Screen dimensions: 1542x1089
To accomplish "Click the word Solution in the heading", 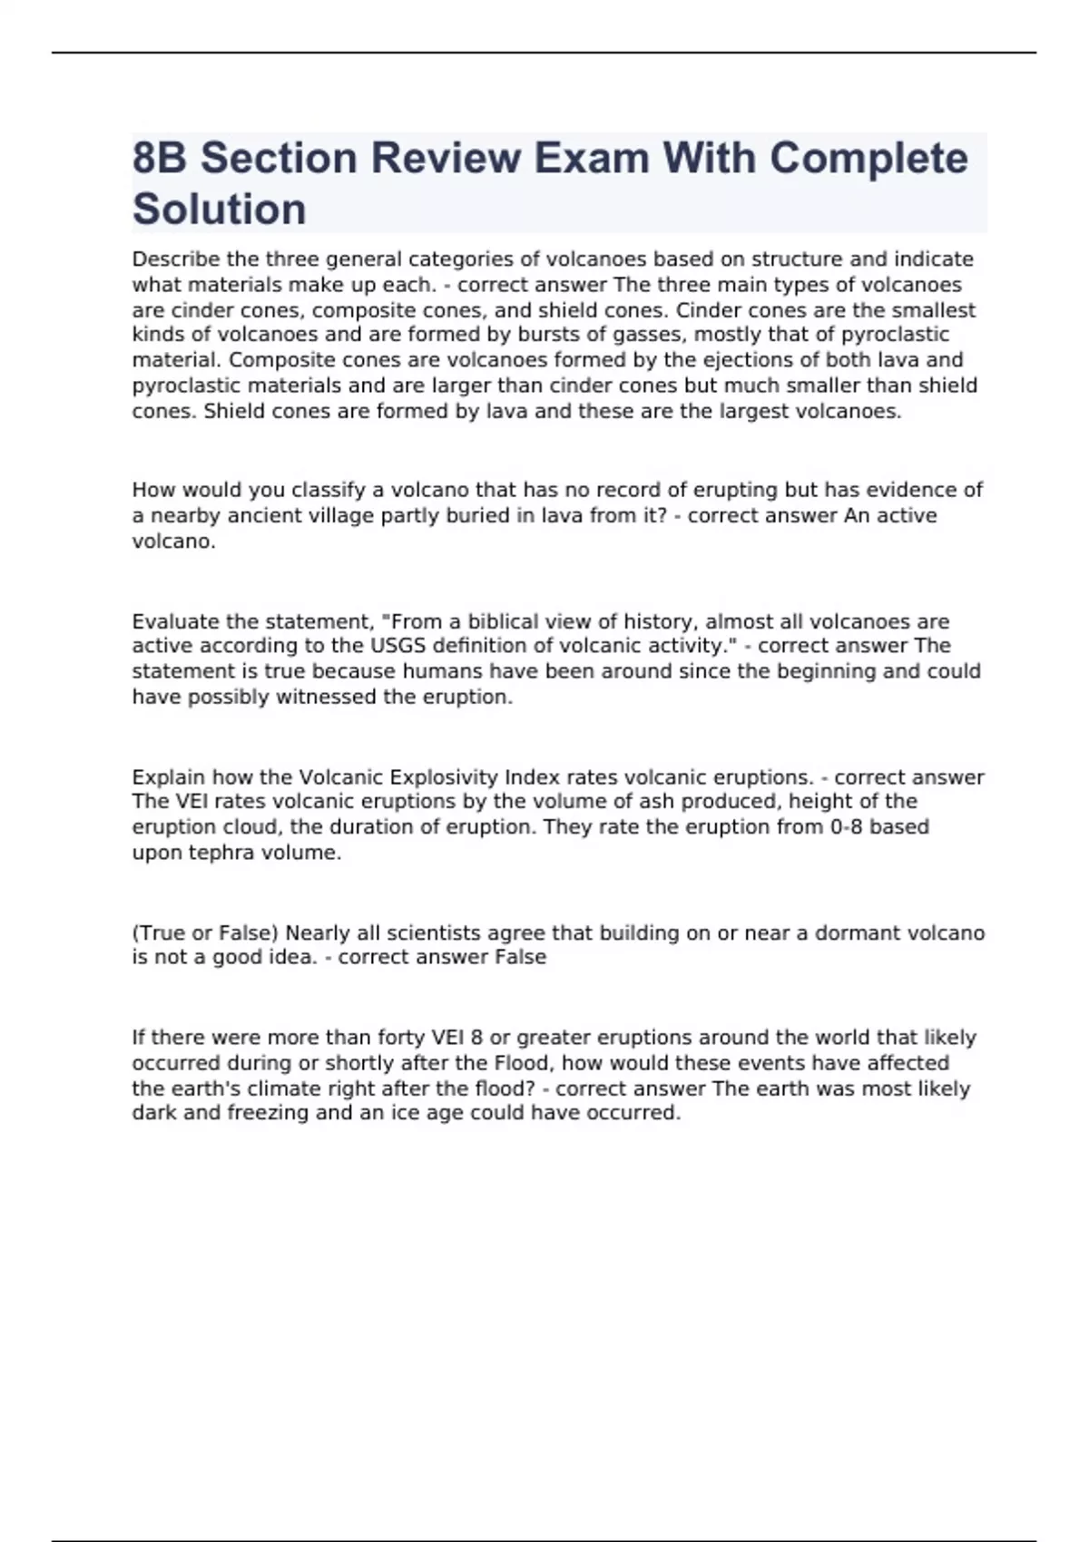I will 219,210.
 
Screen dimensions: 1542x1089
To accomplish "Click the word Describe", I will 176,259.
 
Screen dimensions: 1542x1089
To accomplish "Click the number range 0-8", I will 847,827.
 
